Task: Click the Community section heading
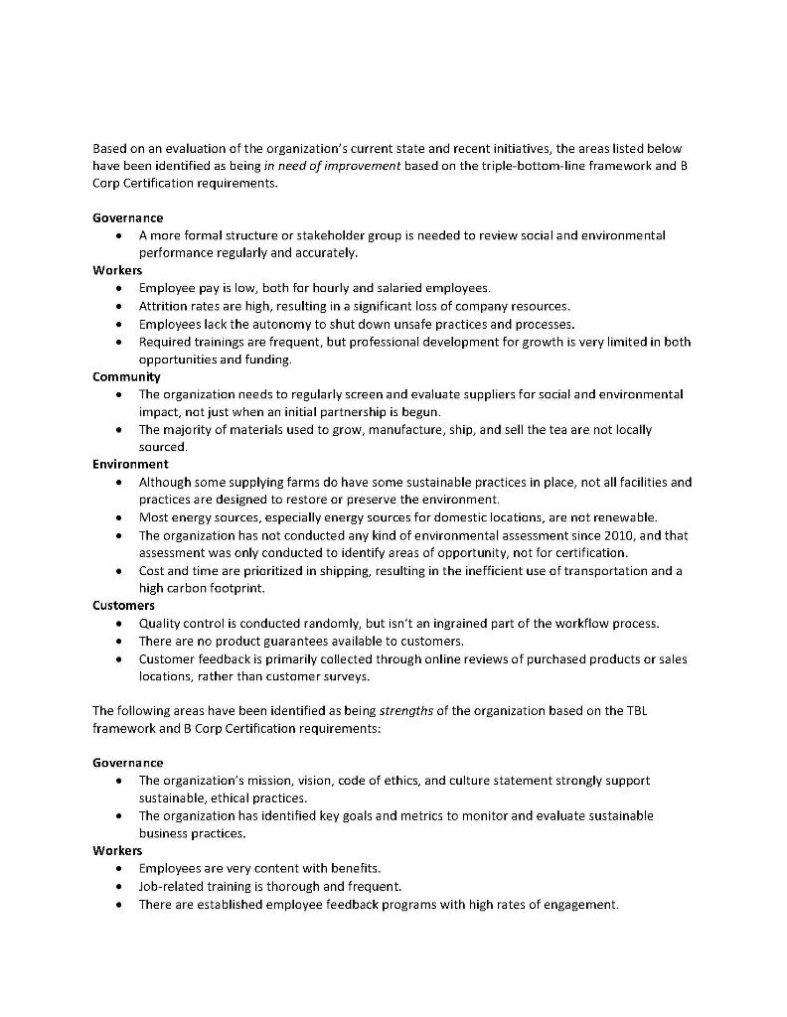coord(126,376)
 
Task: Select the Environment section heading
coord(130,464)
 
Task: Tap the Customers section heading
coord(123,605)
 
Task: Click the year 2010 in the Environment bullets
coord(584,535)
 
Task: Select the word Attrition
coord(164,306)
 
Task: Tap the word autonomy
coord(261,324)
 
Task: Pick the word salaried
coord(368,288)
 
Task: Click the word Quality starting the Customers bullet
coord(159,624)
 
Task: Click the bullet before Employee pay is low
coord(119,288)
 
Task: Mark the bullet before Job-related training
coord(119,887)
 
